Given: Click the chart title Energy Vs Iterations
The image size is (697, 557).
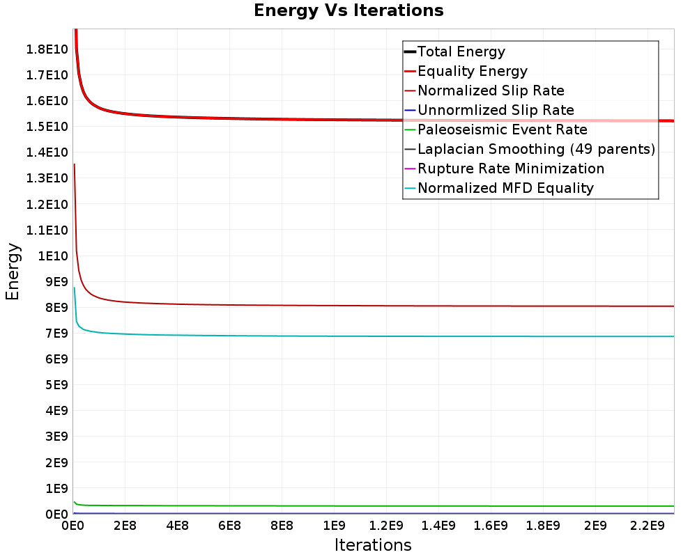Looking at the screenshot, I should tap(348, 10).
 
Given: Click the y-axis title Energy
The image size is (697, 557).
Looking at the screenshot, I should tap(12, 272).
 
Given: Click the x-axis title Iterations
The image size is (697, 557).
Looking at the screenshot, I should tap(373, 545).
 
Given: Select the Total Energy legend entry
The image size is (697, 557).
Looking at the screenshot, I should tap(461, 52).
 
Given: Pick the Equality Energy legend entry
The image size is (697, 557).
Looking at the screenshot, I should tap(472, 71).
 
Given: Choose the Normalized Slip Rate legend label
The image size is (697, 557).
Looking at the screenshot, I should tap(491, 91).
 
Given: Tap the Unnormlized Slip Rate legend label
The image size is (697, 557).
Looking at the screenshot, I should tap(496, 110).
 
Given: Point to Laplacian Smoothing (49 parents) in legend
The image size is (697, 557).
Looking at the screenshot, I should tap(536, 149).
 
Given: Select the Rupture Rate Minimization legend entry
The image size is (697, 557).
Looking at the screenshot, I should tap(511, 168).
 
